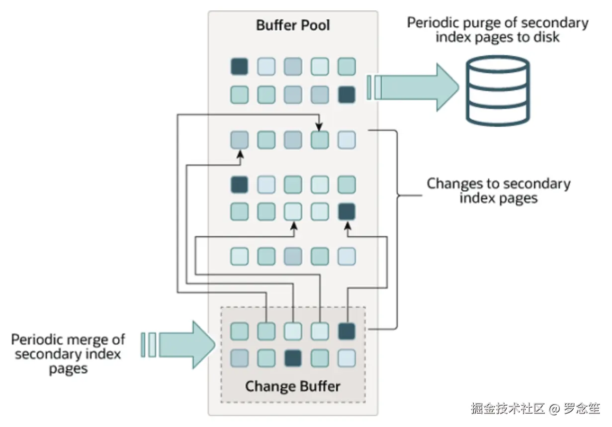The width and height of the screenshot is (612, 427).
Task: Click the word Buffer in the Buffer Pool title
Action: pos(276,25)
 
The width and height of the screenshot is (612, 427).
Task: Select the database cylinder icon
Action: pos(498,90)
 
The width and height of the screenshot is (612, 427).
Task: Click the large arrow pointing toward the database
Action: pos(413,87)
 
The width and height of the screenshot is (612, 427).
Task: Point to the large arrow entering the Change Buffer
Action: pos(178,345)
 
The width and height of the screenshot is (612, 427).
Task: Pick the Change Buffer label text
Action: pos(293,386)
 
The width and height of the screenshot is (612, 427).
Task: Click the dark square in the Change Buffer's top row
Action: pos(347,332)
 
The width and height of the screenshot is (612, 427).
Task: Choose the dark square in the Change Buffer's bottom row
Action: pos(293,358)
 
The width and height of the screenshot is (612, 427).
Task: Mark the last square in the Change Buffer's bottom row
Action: pos(347,358)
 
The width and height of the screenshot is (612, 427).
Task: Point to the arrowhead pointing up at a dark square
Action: pos(348,226)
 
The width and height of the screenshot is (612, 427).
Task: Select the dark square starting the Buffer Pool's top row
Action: pos(239,67)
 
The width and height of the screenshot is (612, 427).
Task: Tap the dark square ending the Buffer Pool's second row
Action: pos(347,95)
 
